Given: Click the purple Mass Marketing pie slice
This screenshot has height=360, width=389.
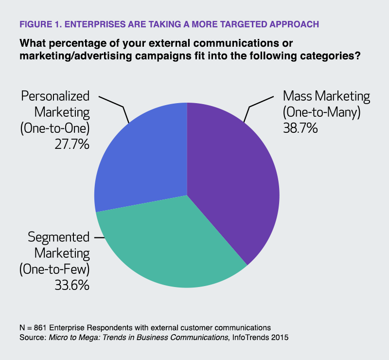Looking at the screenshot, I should (x=233, y=180).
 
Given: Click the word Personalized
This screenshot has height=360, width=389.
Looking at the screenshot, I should (x=55, y=96).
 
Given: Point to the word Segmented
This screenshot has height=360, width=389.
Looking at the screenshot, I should (x=59, y=237).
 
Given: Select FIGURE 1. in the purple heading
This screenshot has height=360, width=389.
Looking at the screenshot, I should (x=38, y=24).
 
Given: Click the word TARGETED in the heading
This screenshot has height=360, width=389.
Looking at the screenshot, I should (x=223, y=24).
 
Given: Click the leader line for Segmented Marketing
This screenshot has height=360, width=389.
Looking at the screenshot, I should (x=98, y=237).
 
